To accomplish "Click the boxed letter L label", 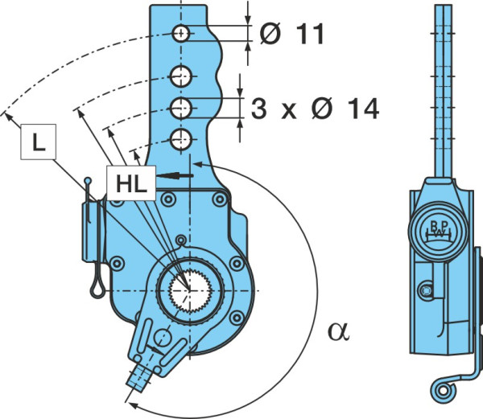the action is click(x=38, y=142).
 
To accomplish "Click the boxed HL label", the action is click(x=131, y=183).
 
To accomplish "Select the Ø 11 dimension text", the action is click(x=291, y=34).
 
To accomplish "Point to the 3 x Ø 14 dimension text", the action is click(x=315, y=109).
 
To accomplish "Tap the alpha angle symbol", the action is click(x=339, y=331).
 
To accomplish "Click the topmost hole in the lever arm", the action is click(x=181, y=33).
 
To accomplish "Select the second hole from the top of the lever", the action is click(x=181, y=76).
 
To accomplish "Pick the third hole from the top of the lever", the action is click(x=181, y=108).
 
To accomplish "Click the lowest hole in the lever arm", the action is click(x=181, y=140).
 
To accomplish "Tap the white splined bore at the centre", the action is click(x=190, y=290).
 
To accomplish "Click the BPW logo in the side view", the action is click(x=439, y=232).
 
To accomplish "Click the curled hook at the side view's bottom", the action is click(x=443, y=390).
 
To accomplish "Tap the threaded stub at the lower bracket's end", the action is click(x=138, y=378).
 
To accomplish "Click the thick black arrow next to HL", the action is click(x=175, y=175).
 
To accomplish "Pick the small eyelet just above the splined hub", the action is click(x=181, y=239).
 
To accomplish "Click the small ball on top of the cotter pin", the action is click(x=88, y=180).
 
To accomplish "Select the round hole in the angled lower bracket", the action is click(x=162, y=338).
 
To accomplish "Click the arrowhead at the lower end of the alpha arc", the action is click(x=132, y=405).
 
